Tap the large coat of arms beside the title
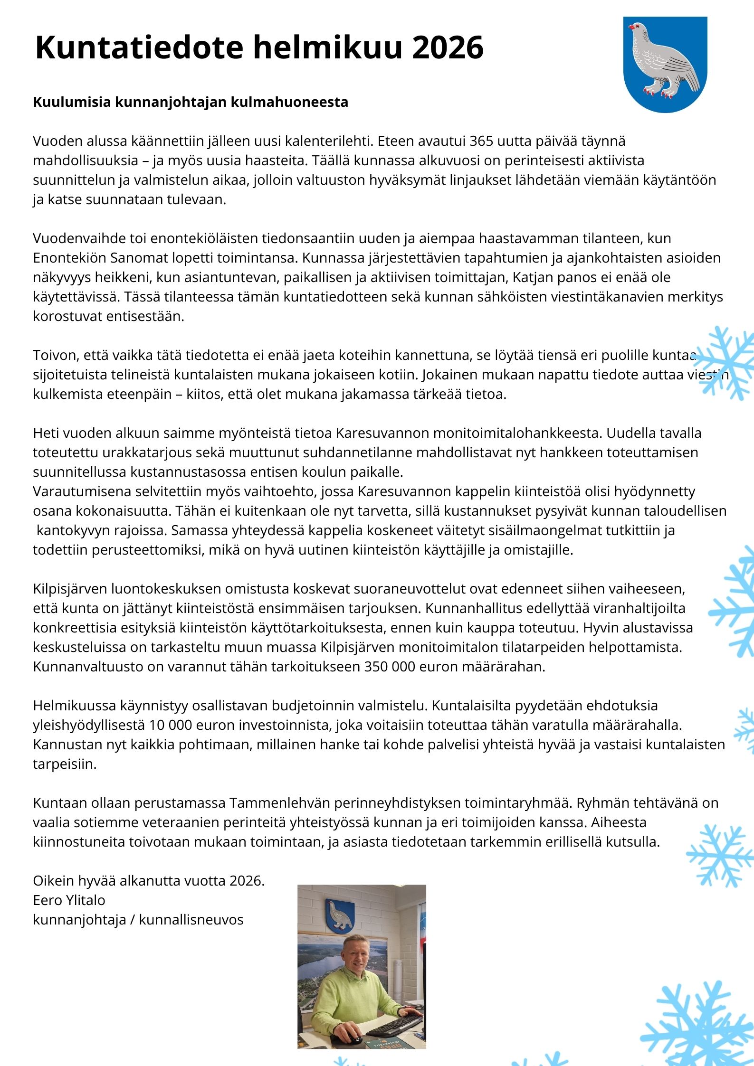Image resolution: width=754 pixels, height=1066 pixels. click(665, 65)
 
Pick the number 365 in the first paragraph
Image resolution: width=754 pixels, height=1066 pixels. click(481, 141)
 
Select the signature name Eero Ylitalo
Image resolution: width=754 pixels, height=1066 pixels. click(69, 900)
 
